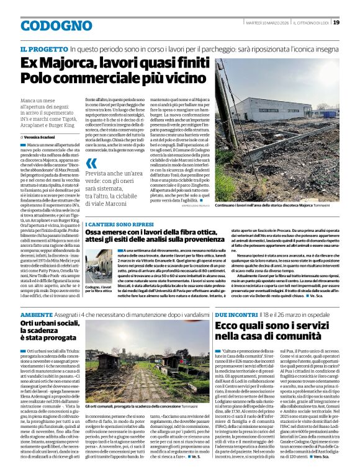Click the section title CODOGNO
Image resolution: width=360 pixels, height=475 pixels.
point(47,25)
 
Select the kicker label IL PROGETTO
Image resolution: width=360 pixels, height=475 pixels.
point(43,48)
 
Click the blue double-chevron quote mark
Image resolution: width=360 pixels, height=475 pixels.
point(91,163)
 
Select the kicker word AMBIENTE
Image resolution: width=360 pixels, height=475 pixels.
point(36,314)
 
